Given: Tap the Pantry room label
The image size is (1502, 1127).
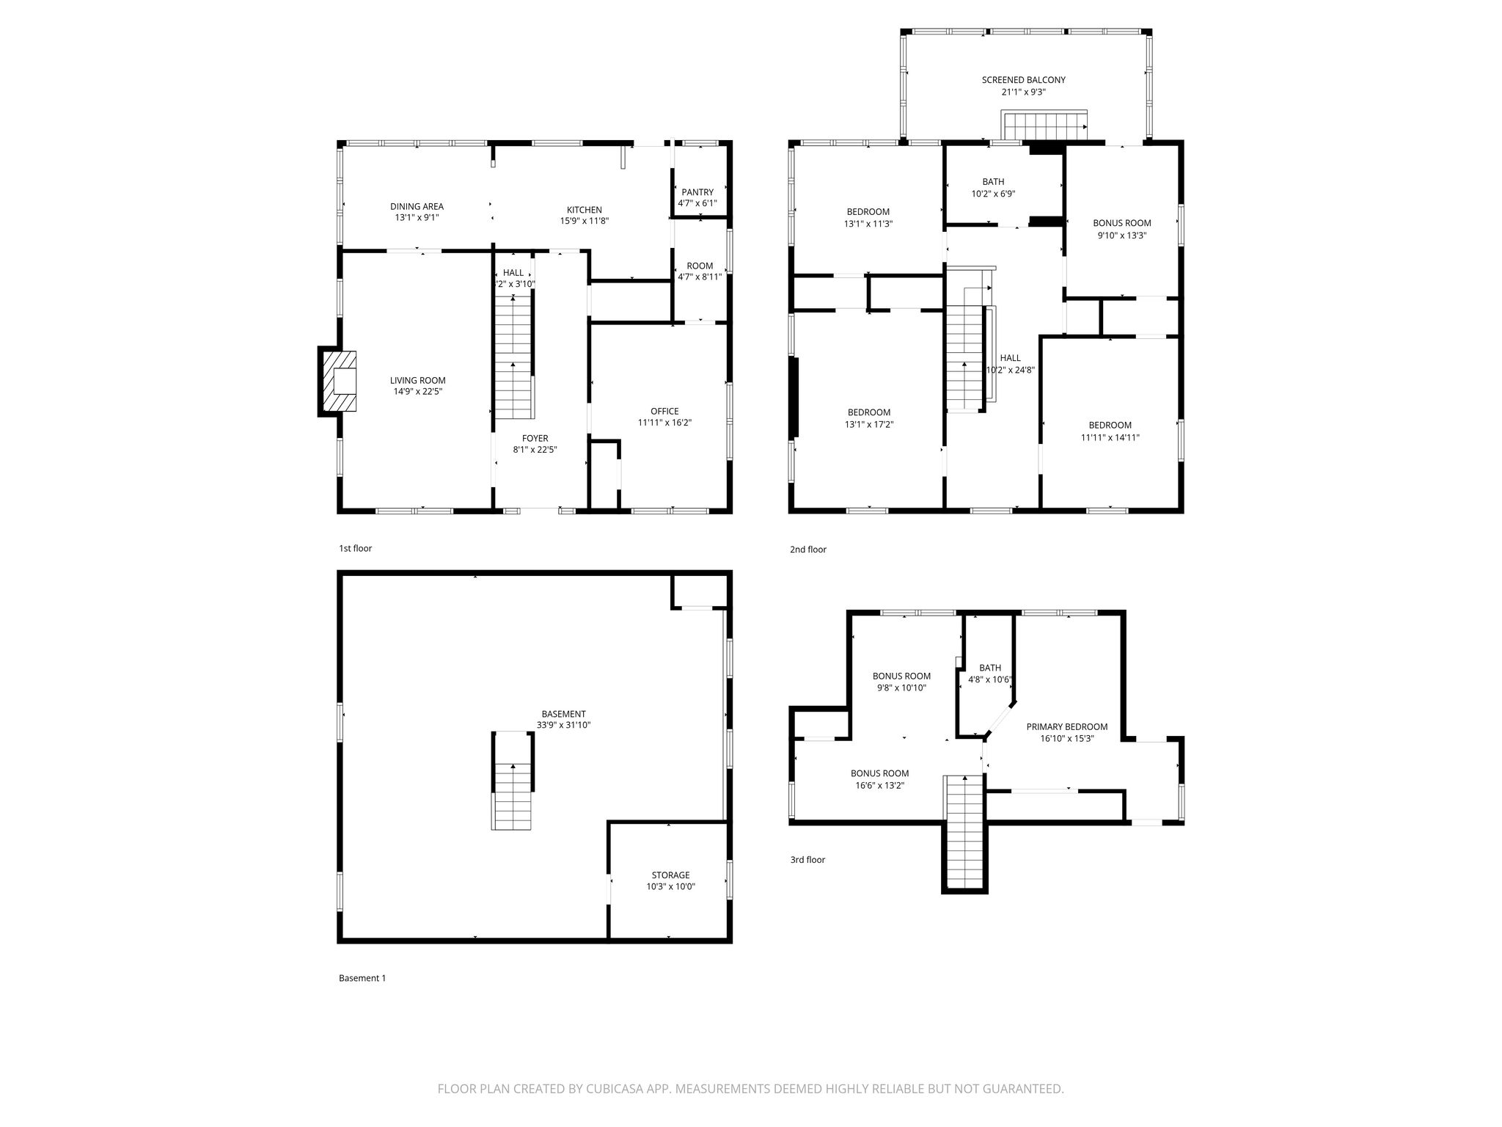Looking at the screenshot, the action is point(697,192).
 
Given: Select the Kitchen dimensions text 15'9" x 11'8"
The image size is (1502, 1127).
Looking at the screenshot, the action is point(585,221).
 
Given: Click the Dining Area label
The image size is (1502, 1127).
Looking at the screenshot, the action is point(417,207).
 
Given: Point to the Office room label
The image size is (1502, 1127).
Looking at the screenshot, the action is point(664,411).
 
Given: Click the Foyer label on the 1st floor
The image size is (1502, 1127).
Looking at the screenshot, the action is point(535,439).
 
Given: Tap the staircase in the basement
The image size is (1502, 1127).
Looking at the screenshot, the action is point(513,781).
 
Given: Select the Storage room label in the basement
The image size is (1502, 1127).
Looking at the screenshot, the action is point(670,875).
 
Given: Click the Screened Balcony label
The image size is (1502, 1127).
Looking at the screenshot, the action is point(1024,80).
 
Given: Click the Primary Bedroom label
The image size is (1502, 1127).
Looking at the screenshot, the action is point(1067,727).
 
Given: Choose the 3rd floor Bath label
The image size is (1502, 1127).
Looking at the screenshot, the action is point(990,668).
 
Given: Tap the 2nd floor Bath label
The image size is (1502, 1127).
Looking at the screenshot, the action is point(994,182).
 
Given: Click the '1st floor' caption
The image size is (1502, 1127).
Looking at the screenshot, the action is point(356,548).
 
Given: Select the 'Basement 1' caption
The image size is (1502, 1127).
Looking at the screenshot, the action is point(362,978).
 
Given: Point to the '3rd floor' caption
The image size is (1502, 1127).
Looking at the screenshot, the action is point(807,860).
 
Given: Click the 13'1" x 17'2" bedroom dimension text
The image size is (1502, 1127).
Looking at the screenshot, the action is point(869,424).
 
